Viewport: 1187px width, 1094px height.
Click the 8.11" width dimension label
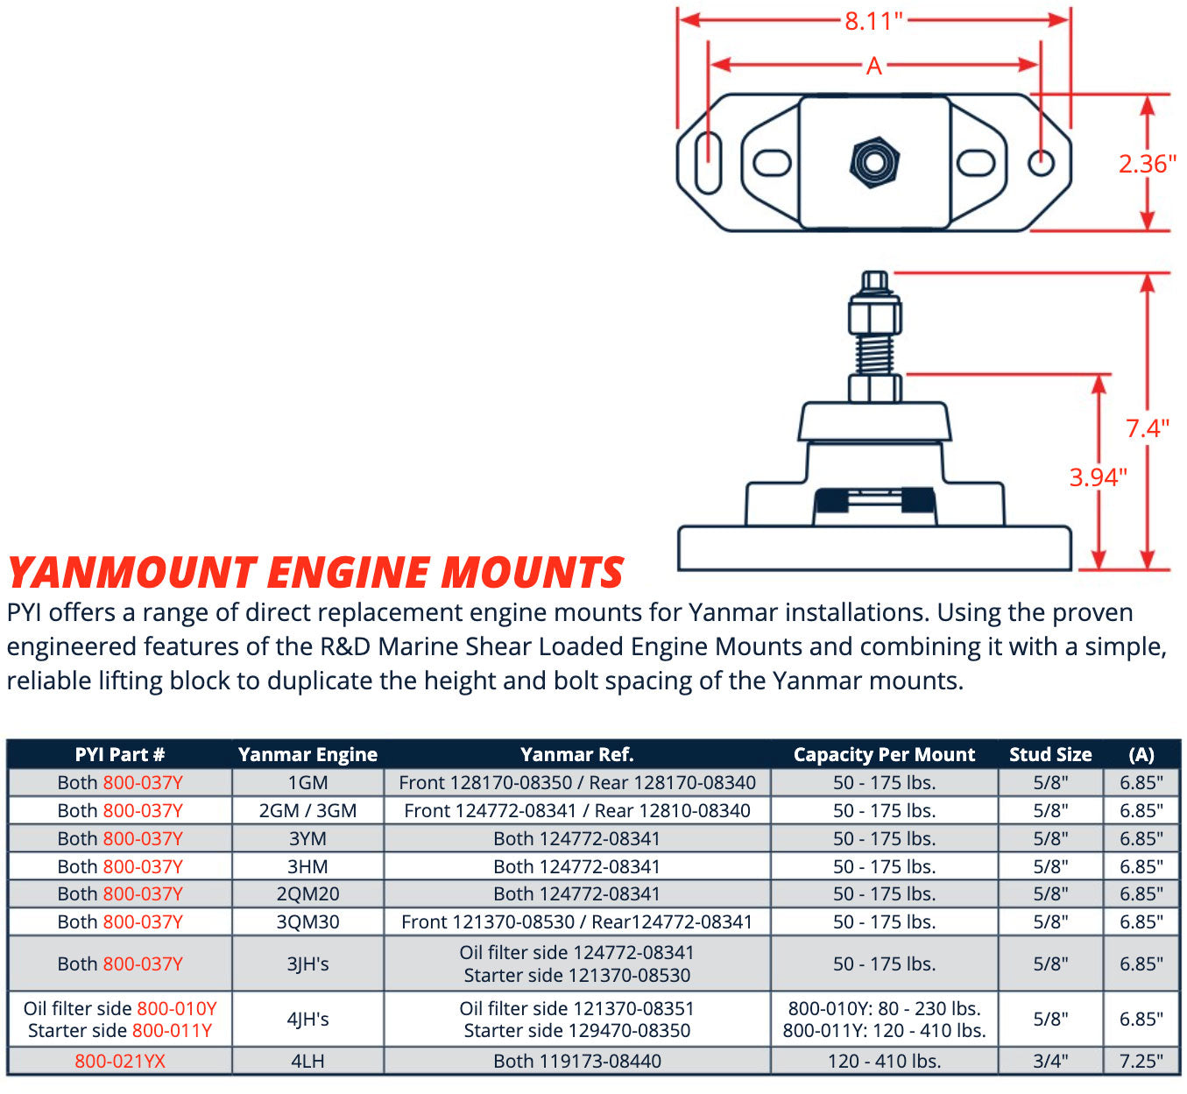873,21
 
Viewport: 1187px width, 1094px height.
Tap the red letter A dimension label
873,66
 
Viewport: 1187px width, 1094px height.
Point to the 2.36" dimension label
1147,164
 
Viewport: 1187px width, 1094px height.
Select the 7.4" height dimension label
1148,428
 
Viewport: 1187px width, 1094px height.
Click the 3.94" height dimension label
1098,477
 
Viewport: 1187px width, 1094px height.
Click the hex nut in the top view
874,162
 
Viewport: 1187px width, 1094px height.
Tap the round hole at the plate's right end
1041,162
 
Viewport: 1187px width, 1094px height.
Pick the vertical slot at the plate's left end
708,161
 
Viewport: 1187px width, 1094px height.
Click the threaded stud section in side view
874,353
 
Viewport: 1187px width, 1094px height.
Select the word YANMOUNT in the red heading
131,573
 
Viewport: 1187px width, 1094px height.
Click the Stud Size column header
1050,754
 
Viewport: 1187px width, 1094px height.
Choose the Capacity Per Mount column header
884,754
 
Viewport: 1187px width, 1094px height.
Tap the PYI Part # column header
120,754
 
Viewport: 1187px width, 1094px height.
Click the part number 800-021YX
120,1061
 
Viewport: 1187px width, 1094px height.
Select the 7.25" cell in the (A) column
1141,1061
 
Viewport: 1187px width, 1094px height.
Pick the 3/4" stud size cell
1050,1061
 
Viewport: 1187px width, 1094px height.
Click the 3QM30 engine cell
307,921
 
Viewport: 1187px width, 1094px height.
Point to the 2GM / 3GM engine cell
307,810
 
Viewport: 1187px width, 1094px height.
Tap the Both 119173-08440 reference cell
577,1061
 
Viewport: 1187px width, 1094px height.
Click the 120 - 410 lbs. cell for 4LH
884,1061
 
